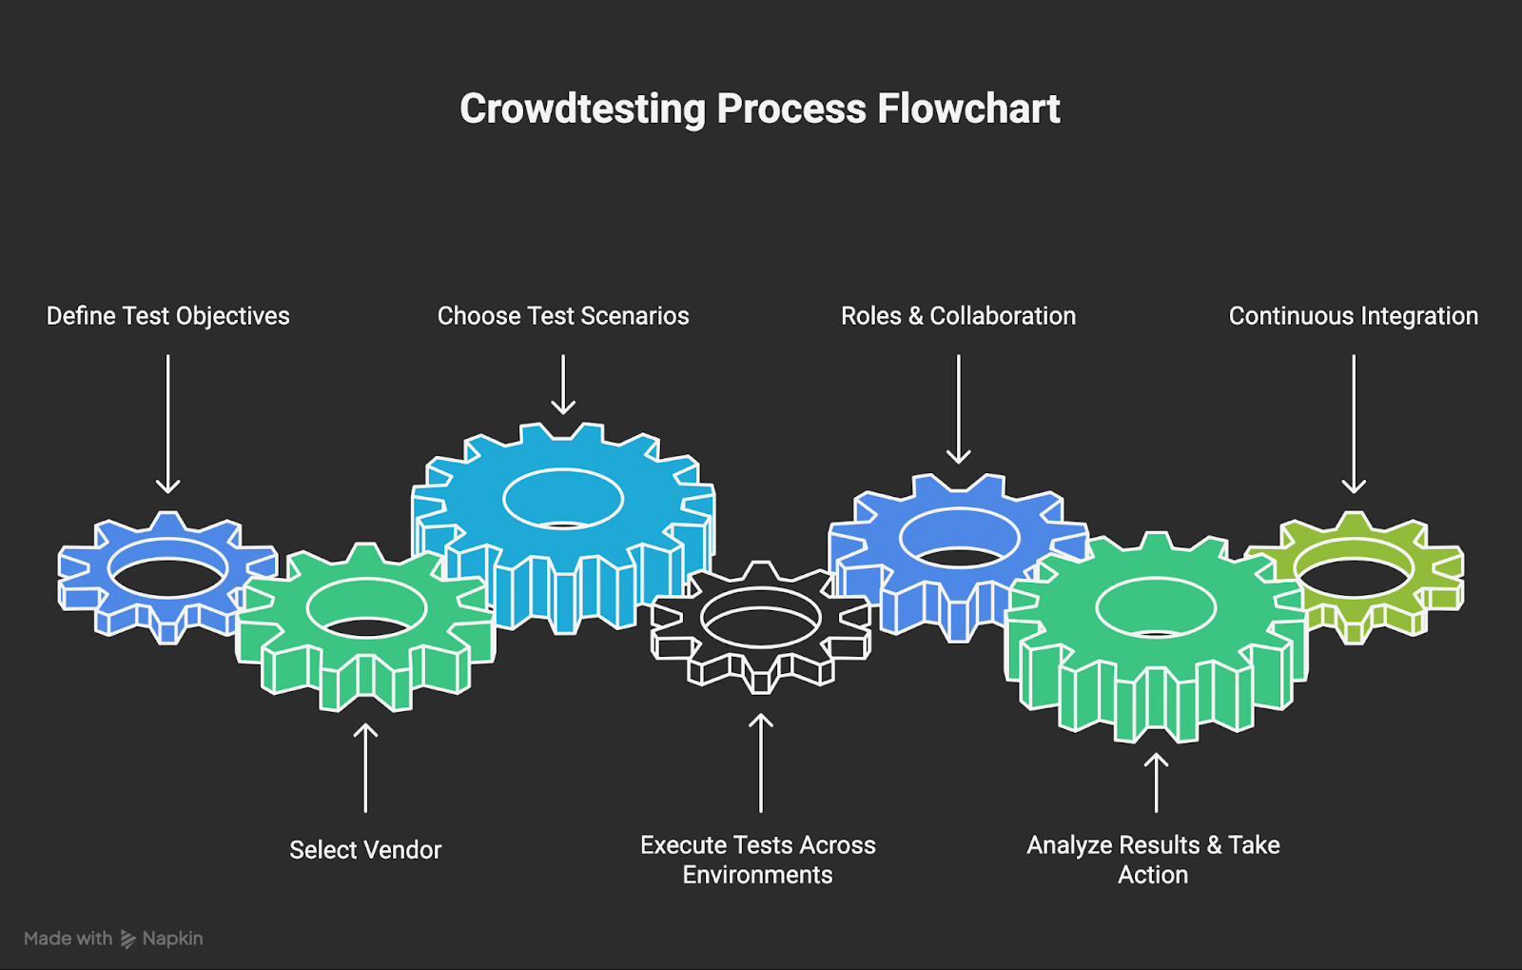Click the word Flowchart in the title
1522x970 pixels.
(x=968, y=109)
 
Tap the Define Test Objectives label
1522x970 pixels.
(x=168, y=316)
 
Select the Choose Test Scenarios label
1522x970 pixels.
(x=563, y=316)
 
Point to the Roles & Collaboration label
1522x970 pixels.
(x=958, y=316)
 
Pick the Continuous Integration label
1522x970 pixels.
(x=1353, y=316)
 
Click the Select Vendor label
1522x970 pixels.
(x=365, y=850)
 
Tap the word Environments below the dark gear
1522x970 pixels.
(x=757, y=875)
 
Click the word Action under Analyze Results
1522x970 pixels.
(x=1153, y=875)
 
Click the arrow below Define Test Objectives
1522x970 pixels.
(x=168, y=424)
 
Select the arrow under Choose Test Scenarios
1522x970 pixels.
(x=563, y=385)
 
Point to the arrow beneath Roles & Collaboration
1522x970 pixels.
(x=959, y=409)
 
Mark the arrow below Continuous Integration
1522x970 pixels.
(x=1354, y=424)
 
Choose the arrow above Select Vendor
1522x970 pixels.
(x=365, y=767)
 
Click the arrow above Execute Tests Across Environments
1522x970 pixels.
(x=761, y=762)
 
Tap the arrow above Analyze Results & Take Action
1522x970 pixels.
(x=1156, y=782)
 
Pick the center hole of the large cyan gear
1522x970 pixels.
(x=563, y=499)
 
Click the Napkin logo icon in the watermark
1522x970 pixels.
(x=128, y=940)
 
